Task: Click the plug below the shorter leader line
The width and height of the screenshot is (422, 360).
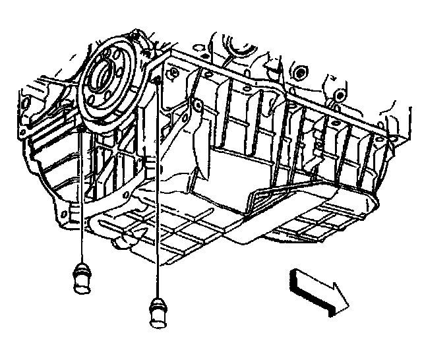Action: pos(82,274)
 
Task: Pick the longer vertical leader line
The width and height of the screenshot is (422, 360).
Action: pos(159,191)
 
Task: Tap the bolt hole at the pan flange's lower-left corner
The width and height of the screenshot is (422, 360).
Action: pos(63,215)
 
